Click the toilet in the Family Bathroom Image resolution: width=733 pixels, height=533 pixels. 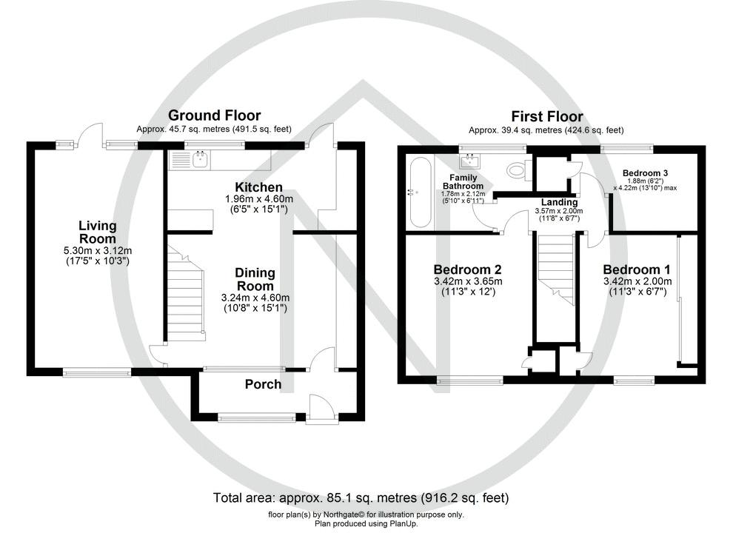pyautogui.click(x=515, y=171)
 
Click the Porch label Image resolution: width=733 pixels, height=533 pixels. pyautogui.click(x=263, y=384)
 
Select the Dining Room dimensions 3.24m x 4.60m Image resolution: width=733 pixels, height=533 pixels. pyautogui.click(x=254, y=298)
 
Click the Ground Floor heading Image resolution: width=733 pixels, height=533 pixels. pyautogui.click(x=214, y=115)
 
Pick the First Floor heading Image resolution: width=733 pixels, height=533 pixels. pyautogui.click(x=546, y=116)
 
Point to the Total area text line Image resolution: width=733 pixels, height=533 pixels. pyautogui.click(x=361, y=497)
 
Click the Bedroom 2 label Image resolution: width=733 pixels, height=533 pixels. pyautogui.click(x=468, y=269)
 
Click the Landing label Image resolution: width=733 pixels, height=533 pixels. pyautogui.click(x=558, y=202)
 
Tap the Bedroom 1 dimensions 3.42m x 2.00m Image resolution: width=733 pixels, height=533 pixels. pyautogui.click(x=637, y=281)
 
